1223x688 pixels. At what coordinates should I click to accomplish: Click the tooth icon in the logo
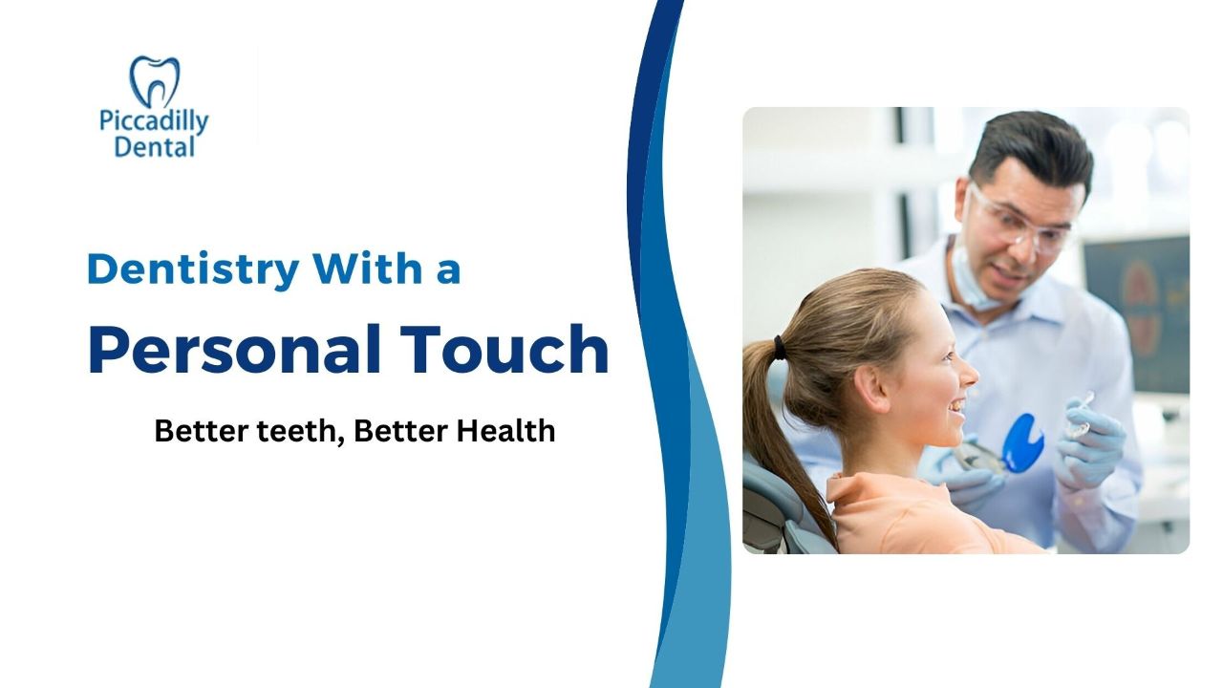154,81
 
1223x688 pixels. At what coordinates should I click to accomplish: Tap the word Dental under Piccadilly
155,147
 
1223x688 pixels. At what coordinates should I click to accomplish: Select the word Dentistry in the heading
193,270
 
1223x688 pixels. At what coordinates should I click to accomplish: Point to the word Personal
234,350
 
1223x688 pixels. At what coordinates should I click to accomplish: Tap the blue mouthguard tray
1022,442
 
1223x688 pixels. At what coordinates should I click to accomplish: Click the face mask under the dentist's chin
977,284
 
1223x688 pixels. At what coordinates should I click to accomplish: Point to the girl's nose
970,374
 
